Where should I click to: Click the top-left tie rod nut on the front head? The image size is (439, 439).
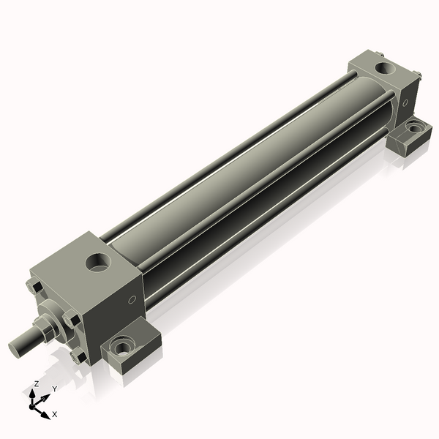point(34,287)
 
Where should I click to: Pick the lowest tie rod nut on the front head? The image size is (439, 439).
point(78,357)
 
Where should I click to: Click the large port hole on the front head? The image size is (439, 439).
point(98,263)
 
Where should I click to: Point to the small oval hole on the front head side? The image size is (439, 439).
point(132,300)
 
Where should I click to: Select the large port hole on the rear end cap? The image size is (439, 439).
point(386,68)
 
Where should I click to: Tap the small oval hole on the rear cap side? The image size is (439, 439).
point(405,103)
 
